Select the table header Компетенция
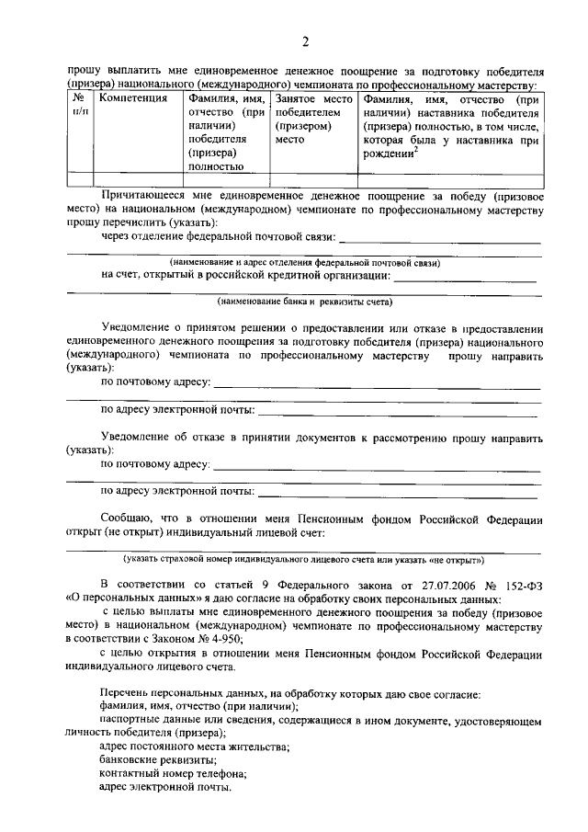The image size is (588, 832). pyautogui.click(x=133, y=97)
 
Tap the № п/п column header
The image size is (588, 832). pyautogui.click(x=80, y=104)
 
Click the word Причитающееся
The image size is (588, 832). pyautogui.click(x=142, y=196)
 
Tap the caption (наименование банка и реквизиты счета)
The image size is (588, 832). pyautogui.click(x=304, y=302)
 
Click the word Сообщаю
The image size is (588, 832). pyautogui.click(x=126, y=519)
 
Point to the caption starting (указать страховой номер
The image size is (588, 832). pyautogui.click(x=304, y=558)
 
